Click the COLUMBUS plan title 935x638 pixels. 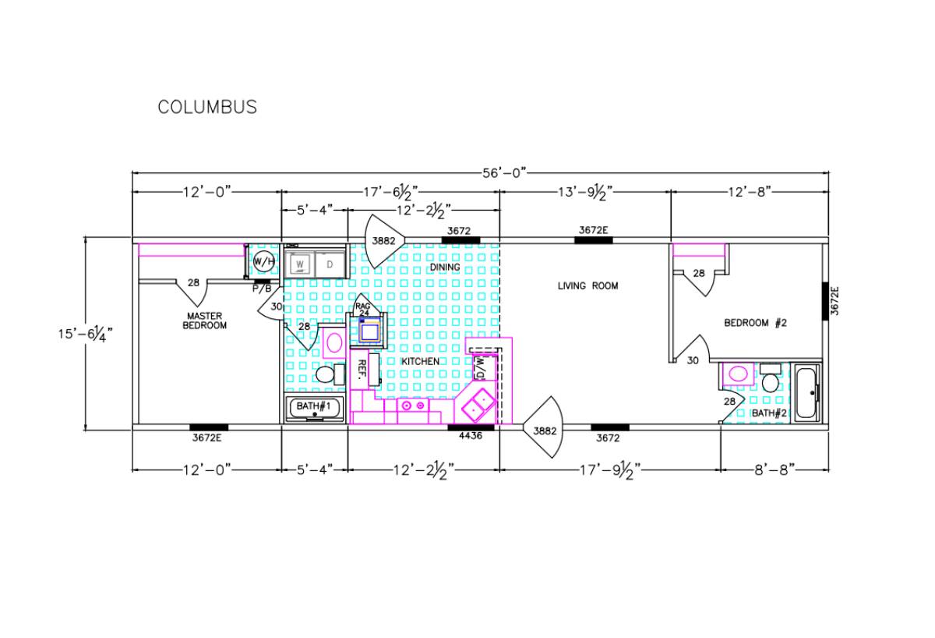point(207,108)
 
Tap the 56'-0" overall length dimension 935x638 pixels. point(504,173)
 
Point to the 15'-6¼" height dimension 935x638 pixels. point(86,334)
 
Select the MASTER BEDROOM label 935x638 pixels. point(204,321)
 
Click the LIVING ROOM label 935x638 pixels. point(587,285)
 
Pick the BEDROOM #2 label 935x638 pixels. point(755,323)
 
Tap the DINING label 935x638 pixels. point(445,267)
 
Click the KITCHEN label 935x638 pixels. point(420,361)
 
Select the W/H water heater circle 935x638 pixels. point(264,262)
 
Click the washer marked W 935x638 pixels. point(300,264)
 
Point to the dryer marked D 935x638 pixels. point(330,264)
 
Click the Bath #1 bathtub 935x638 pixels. point(315,409)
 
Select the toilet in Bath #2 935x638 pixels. point(770,378)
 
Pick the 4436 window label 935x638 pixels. point(471,436)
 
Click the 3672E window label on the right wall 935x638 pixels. point(834,300)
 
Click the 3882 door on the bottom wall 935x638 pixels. point(543,427)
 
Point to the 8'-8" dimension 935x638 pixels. point(774,470)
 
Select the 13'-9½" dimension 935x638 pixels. point(585,193)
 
